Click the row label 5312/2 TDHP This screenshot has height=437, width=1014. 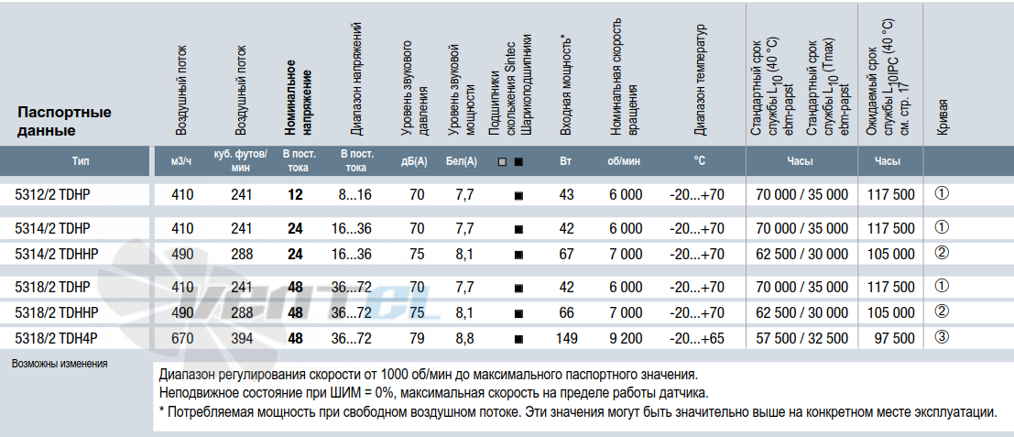[x=52, y=194]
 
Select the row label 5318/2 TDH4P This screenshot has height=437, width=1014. [x=56, y=338]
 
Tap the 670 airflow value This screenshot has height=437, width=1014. [x=183, y=338]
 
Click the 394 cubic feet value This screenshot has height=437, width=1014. [x=241, y=338]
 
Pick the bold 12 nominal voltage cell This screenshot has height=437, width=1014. [x=296, y=194]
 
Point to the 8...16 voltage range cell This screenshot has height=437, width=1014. [x=355, y=194]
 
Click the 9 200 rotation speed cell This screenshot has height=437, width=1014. [x=626, y=338]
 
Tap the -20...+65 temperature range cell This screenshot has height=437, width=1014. [x=697, y=338]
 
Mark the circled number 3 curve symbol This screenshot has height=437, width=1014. [x=942, y=337]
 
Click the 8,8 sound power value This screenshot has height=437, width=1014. [x=464, y=338]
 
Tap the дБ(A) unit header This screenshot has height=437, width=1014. [x=414, y=162]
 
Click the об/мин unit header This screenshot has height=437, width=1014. [x=625, y=162]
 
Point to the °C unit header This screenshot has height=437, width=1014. [x=700, y=161]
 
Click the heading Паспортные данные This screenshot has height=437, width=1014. [x=65, y=122]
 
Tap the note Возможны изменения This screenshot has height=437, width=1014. [x=60, y=364]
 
